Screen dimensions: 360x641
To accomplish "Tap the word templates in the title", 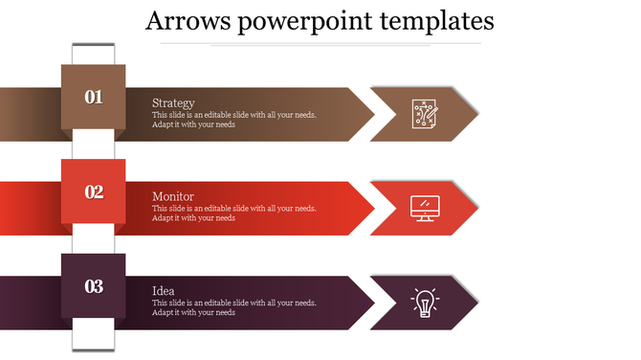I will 434,21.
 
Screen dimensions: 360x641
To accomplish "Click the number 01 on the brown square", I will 94,97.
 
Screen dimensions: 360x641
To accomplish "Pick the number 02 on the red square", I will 94,192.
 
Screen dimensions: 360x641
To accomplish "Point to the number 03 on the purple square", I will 94,286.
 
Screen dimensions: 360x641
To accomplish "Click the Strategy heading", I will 173,103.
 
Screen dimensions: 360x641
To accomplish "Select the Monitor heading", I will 172,196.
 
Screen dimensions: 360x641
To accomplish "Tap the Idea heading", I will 163,290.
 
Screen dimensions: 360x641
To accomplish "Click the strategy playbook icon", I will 425,114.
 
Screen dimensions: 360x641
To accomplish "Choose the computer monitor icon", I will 425,208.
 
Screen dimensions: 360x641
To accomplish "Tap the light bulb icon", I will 425,302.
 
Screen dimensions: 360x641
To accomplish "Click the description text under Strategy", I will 233,120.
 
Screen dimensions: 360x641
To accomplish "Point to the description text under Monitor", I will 233,213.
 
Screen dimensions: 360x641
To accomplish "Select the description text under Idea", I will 233,307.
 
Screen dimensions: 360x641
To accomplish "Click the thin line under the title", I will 345,44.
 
